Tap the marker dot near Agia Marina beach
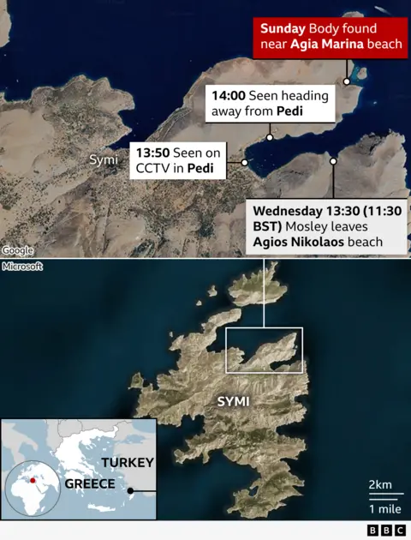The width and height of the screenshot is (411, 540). [347, 82]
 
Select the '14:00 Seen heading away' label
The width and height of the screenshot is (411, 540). [266, 104]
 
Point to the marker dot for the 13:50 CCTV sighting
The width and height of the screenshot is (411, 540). [244, 161]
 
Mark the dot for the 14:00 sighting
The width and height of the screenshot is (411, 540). [270, 137]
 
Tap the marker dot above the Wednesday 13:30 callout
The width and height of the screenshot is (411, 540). [332, 160]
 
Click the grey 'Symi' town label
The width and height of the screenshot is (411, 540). [103, 160]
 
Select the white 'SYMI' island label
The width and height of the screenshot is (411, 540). [234, 401]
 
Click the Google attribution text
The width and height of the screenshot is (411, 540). [17, 250]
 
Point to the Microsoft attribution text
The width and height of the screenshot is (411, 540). [21, 267]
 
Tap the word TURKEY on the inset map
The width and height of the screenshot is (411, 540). [128, 463]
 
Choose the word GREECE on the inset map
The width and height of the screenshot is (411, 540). [89, 484]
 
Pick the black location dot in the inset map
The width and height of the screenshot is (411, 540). [130, 491]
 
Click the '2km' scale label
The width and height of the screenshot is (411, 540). [380, 485]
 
